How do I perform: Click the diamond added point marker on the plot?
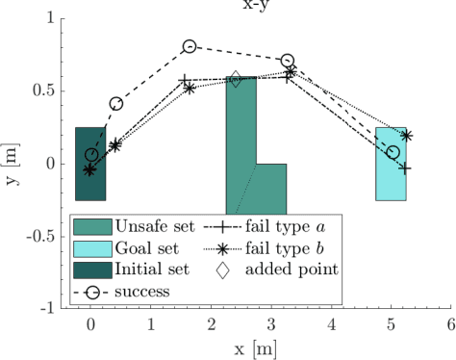click(x=236, y=79)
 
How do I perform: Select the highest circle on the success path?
click(x=190, y=46)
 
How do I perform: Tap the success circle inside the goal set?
click(x=393, y=152)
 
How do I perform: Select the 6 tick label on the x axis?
click(x=449, y=325)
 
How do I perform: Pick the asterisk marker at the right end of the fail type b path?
click(x=406, y=136)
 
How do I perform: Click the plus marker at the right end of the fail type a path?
click(x=406, y=167)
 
